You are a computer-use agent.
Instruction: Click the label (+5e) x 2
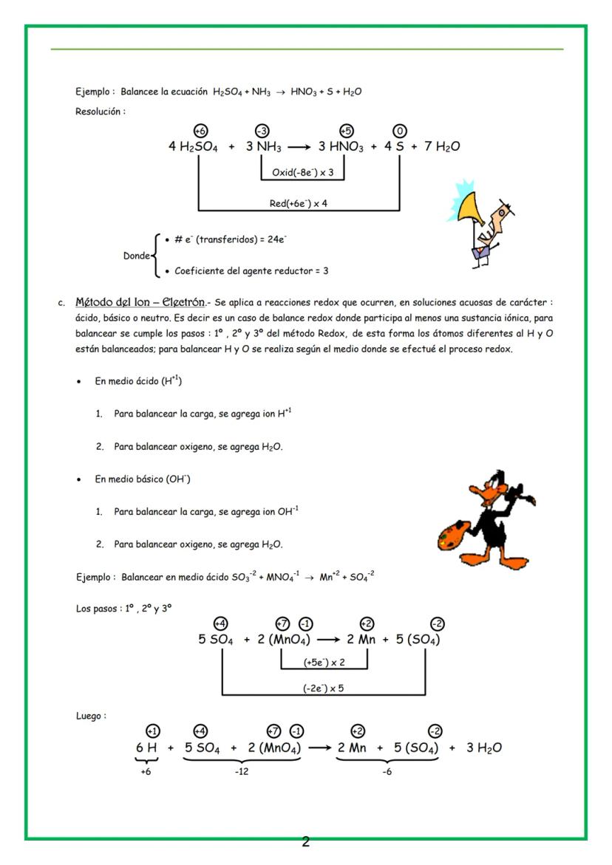(x=324, y=662)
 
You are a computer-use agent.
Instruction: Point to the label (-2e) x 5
(x=324, y=688)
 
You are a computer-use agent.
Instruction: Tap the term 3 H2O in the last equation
(x=484, y=748)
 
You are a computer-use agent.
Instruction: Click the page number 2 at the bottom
(x=305, y=842)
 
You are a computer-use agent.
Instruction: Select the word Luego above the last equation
(x=90, y=716)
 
